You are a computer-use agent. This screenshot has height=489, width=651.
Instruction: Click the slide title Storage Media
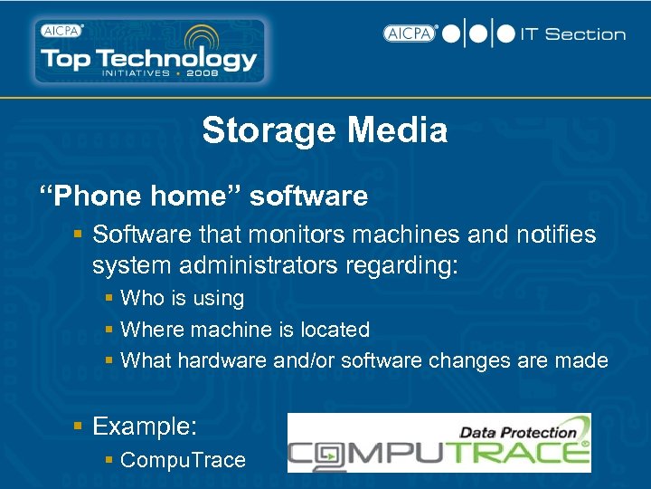pyautogui.click(x=325, y=130)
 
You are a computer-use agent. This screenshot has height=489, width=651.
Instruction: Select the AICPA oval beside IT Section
pyautogui.click(x=410, y=34)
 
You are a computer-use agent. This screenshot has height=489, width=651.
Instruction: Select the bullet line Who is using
pyautogui.click(x=182, y=298)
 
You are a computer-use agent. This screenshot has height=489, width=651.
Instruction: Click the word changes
pyautogui.click(x=470, y=360)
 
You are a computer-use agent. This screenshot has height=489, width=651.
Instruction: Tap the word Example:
pyautogui.click(x=145, y=426)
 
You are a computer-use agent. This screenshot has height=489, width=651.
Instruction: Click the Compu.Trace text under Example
pyautogui.click(x=183, y=460)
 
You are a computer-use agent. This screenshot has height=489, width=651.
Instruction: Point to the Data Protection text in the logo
pyautogui.click(x=518, y=432)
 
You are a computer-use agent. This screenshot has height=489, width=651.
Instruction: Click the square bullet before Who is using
pyautogui.click(x=108, y=299)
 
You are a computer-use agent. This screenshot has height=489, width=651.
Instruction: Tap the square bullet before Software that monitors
pyautogui.click(x=80, y=235)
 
